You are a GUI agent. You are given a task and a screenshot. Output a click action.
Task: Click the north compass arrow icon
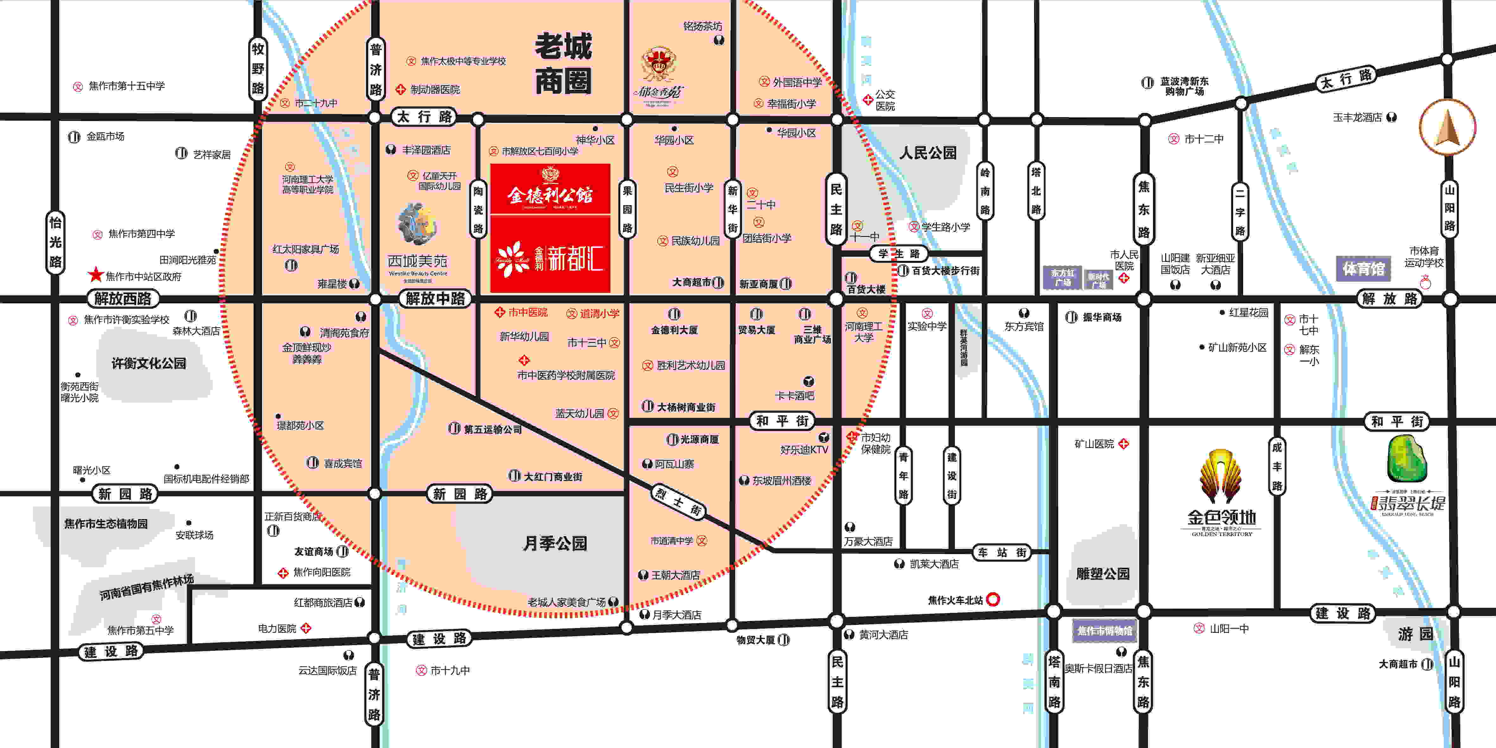click(x=1447, y=127)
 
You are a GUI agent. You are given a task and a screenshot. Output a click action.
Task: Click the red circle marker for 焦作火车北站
click(x=993, y=599)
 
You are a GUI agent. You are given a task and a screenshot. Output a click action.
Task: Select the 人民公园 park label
click(x=927, y=153)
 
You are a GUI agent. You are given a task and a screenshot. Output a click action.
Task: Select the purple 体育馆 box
click(x=1363, y=268)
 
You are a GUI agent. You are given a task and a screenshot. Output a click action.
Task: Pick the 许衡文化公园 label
click(x=149, y=363)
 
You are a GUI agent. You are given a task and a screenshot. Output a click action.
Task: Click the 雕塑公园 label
click(x=1103, y=574)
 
